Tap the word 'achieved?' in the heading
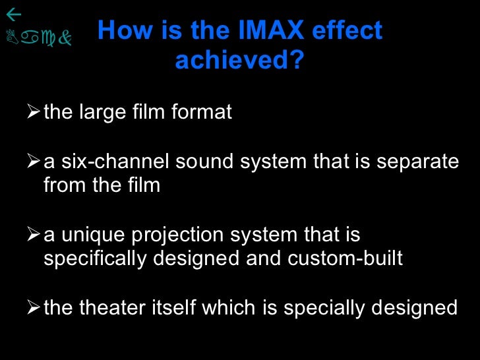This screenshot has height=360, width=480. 240,61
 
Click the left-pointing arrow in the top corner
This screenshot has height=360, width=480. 13,14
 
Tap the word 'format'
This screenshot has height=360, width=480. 201,113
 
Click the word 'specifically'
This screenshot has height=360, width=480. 95,259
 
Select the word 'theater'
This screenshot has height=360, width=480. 111,307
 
